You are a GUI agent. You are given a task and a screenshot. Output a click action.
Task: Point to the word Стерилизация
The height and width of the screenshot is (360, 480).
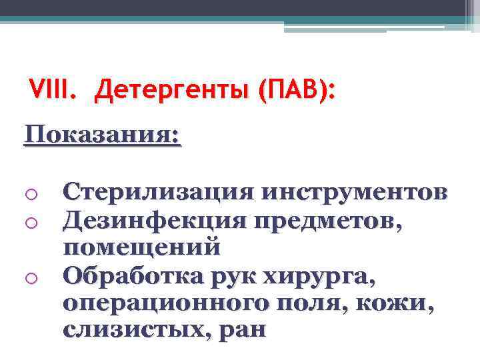tap(157, 193)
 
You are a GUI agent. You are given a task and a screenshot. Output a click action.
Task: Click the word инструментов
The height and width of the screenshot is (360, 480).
tap(354, 193)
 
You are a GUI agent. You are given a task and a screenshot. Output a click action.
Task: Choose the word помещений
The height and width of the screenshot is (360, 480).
tap(141, 247)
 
